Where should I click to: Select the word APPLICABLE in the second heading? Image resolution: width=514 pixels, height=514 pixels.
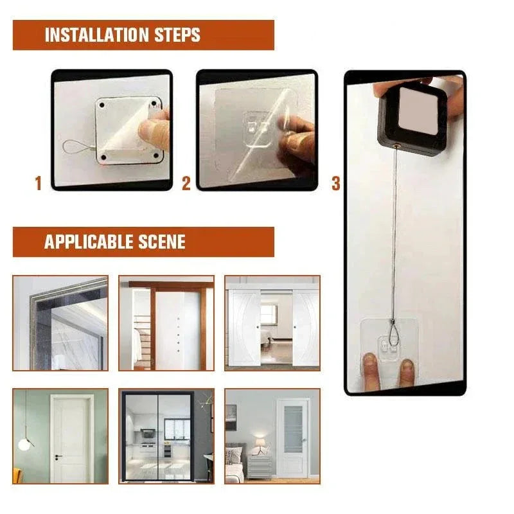pos(87,242)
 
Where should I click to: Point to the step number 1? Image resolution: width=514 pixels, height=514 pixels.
pos(38,184)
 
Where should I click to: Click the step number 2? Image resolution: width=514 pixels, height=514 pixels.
pos(186,184)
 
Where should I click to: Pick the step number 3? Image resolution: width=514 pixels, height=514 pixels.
pos(335,184)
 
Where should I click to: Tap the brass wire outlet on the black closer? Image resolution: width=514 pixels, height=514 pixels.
pos(397,147)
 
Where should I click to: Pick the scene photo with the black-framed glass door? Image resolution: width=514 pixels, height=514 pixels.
pos(166,436)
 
